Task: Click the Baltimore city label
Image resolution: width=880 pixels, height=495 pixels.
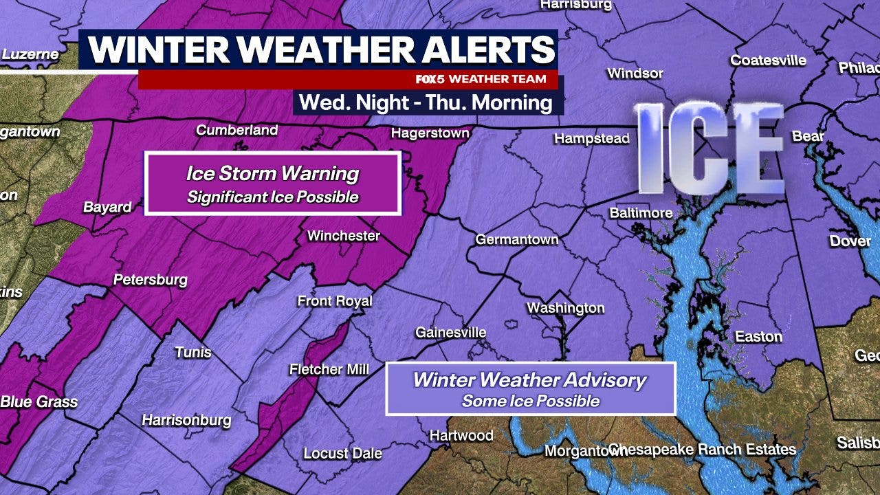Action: click(641, 213)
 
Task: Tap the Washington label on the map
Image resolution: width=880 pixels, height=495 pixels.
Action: click(565, 308)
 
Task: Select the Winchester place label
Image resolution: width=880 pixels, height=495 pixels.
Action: click(343, 236)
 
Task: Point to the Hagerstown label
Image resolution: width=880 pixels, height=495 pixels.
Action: click(430, 133)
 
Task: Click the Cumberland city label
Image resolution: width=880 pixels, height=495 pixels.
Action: click(236, 130)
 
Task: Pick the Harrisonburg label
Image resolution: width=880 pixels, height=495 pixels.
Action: click(186, 420)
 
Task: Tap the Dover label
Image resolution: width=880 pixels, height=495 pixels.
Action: click(850, 241)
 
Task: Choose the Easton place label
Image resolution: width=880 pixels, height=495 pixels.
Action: click(758, 336)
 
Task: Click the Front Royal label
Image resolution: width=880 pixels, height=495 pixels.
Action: click(334, 301)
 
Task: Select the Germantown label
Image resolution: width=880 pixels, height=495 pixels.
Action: click(517, 240)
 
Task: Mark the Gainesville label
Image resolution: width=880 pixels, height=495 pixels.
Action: click(450, 333)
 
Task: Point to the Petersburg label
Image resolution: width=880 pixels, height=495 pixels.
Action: click(150, 280)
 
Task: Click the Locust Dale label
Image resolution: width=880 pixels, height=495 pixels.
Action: click(342, 454)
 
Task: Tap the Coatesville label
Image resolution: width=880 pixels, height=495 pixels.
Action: click(768, 60)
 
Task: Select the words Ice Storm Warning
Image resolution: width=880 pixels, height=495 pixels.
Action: click(272, 173)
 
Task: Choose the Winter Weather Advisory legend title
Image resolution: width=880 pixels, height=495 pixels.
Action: click(529, 380)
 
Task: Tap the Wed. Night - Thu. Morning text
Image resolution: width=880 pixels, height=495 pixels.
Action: click(426, 103)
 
